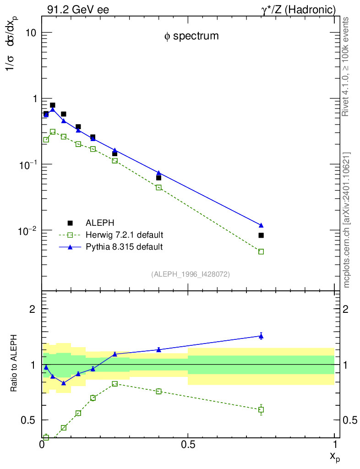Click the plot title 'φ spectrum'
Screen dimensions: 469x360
pyautogui.click(x=191, y=36)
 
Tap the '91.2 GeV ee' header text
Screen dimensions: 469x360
pyautogui.click(x=78, y=10)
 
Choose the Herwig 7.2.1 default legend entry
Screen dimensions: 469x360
pyautogui.click(x=124, y=235)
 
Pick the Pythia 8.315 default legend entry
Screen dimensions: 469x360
pyautogui.click(x=124, y=247)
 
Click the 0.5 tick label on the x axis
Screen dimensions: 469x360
pyautogui.click(x=188, y=445)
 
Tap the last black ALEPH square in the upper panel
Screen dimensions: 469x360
pyautogui.click(x=261, y=235)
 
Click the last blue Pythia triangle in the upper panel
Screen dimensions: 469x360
pyautogui.click(x=261, y=225)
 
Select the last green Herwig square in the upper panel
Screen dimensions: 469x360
pyautogui.click(x=261, y=251)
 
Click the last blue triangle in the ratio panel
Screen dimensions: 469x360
pyautogui.click(x=261, y=336)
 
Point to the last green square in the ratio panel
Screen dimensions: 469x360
pyautogui.click(x=261, y=409)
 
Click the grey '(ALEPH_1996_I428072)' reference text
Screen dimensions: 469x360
pyautogui.click(x=190, y=274)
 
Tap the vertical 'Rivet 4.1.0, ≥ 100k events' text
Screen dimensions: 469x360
pyautogui.click(x=346, y=67)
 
